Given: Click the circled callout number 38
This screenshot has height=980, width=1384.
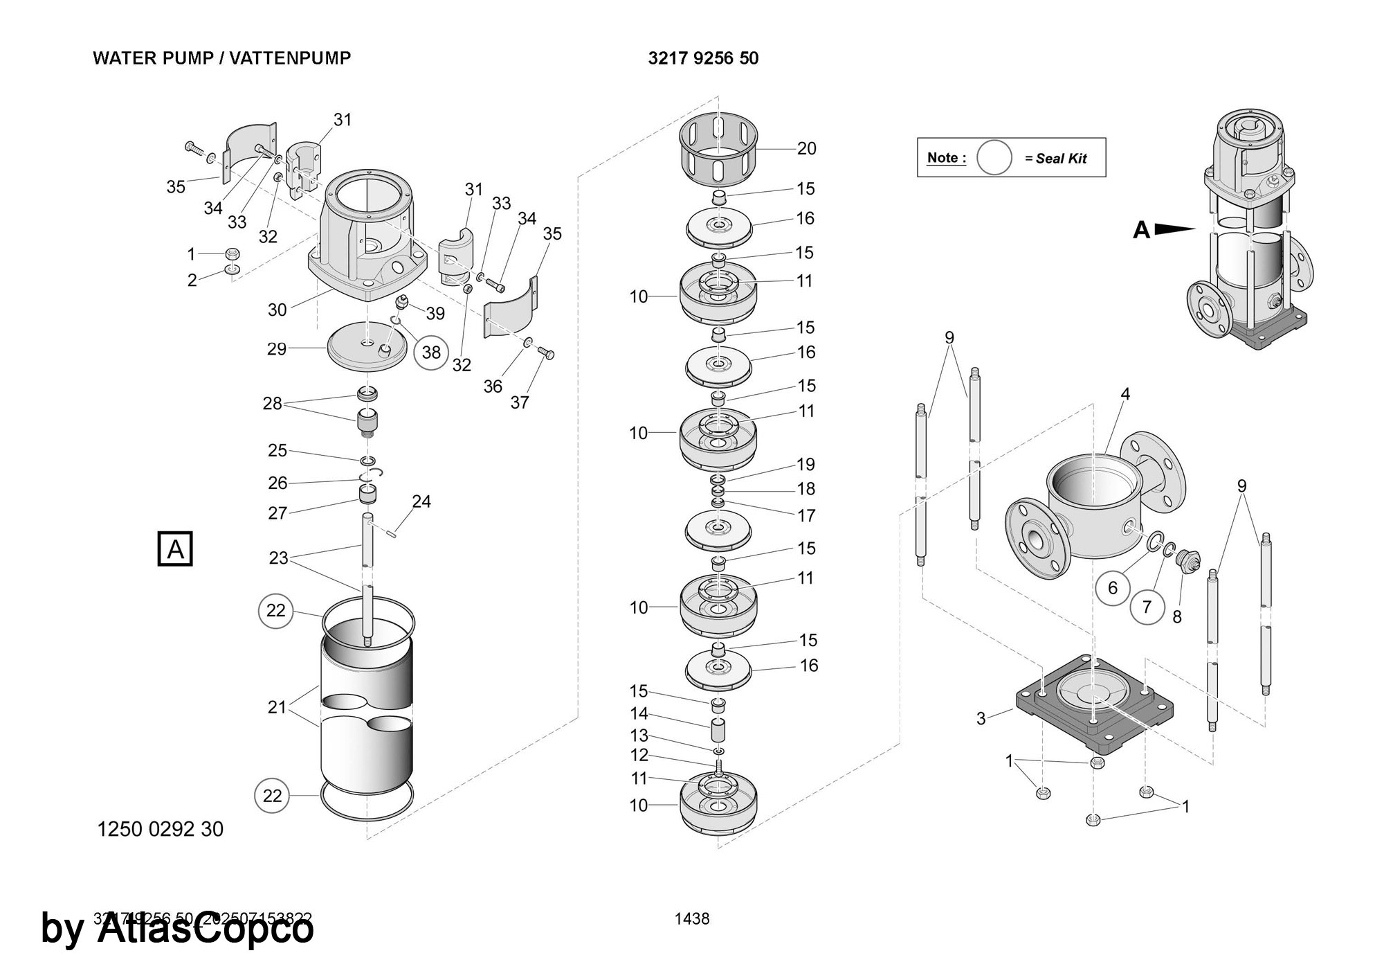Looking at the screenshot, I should pos(431,353).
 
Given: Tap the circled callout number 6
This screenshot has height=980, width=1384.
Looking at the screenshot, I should pos(1113,588).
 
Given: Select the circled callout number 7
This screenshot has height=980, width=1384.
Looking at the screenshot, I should pos(1147,607).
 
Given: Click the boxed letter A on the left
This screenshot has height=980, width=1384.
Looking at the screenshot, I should pos(176,549).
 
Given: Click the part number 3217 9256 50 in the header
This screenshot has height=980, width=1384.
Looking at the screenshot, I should pos(703,58).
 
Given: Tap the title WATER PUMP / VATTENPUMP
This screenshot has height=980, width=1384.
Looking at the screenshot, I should pos(222,58).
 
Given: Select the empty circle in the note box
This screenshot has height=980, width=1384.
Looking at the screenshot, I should pos(994,157).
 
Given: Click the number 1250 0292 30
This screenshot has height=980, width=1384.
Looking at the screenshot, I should pos(161,829).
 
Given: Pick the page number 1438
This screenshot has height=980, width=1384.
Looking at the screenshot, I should pos(692,918).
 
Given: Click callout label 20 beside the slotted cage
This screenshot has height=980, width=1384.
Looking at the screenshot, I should pos(806,148).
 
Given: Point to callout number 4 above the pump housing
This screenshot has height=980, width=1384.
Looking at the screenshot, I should pos(1125,394).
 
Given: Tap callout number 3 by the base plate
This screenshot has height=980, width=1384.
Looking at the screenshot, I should pos(981,719).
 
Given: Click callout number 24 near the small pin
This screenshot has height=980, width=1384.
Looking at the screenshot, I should pos(421,501).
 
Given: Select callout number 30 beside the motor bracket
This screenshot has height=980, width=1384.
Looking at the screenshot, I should pos(277,310).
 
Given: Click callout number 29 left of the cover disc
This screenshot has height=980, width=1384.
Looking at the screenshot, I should pos(277,348).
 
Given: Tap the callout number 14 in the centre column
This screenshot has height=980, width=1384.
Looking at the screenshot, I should pos(639,713).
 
